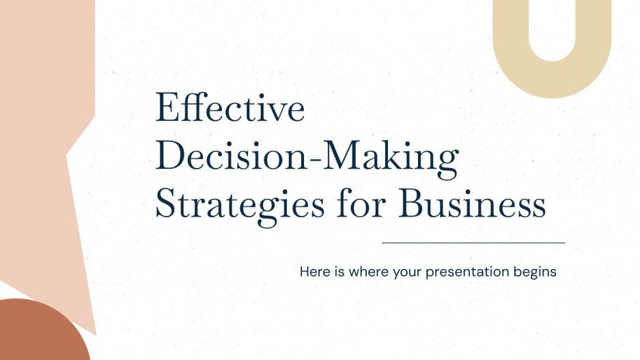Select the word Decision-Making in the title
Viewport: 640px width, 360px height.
click(x=307, y=158)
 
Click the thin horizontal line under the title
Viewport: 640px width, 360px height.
click(x=473, y=243)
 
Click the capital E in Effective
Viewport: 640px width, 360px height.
click(x=166, y=109)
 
